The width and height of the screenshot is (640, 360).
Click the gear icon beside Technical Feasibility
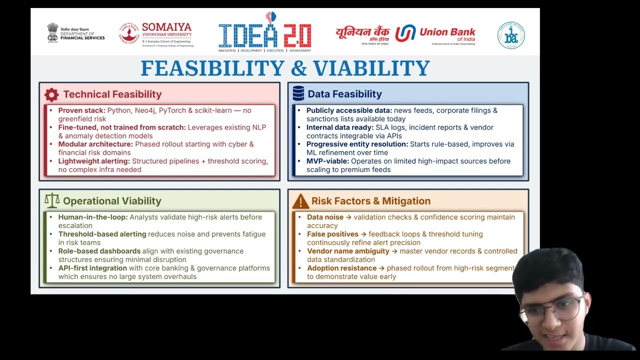point(51,94)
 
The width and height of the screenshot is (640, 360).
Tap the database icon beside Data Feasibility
point(298,93)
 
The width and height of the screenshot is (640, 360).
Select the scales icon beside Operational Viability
point(52,200)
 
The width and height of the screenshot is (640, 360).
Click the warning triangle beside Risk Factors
point(300,201)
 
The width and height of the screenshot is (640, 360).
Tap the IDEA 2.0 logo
point(265,32)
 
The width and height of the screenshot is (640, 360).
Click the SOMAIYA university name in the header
point(166,27)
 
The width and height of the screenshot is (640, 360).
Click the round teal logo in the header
point(511,35)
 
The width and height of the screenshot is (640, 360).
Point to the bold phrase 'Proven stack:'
point(81,110)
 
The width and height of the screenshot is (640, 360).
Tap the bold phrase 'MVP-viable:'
point(327,161)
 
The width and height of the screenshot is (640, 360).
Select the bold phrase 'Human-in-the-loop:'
point(93,217)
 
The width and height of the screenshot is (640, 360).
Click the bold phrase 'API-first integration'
point(92,268)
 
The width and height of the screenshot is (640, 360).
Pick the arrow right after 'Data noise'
point(348,217)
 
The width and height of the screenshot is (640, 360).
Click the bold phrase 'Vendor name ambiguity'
point(348,251)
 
